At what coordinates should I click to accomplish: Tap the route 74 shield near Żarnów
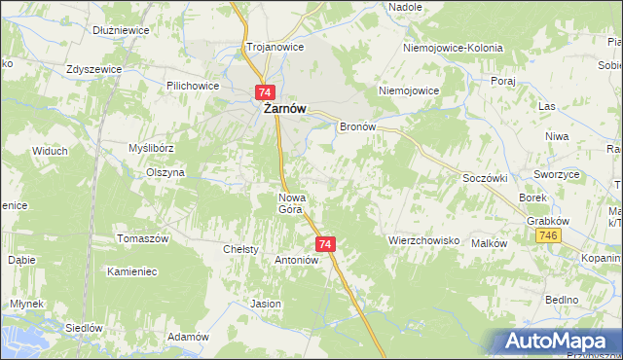click(x=265, y=91)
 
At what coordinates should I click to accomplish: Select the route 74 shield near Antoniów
click(x=326, y=244)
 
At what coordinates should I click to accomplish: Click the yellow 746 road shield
click(x=551, y=236)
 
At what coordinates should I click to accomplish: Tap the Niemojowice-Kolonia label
click(x=453, y=47)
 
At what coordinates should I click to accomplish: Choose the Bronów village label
click(x=356, y=127)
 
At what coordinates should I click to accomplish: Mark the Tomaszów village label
click(x=143, y=239)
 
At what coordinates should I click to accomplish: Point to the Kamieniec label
click(x=133, y=271)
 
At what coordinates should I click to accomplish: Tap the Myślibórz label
click(x=151, y=148)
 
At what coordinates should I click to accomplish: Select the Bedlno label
click(x=562, y=299)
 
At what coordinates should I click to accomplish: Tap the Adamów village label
click(x=189, y=336)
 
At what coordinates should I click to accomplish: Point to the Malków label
click(x=489, y=243)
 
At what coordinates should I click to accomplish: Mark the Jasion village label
click(x=266, y=304)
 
